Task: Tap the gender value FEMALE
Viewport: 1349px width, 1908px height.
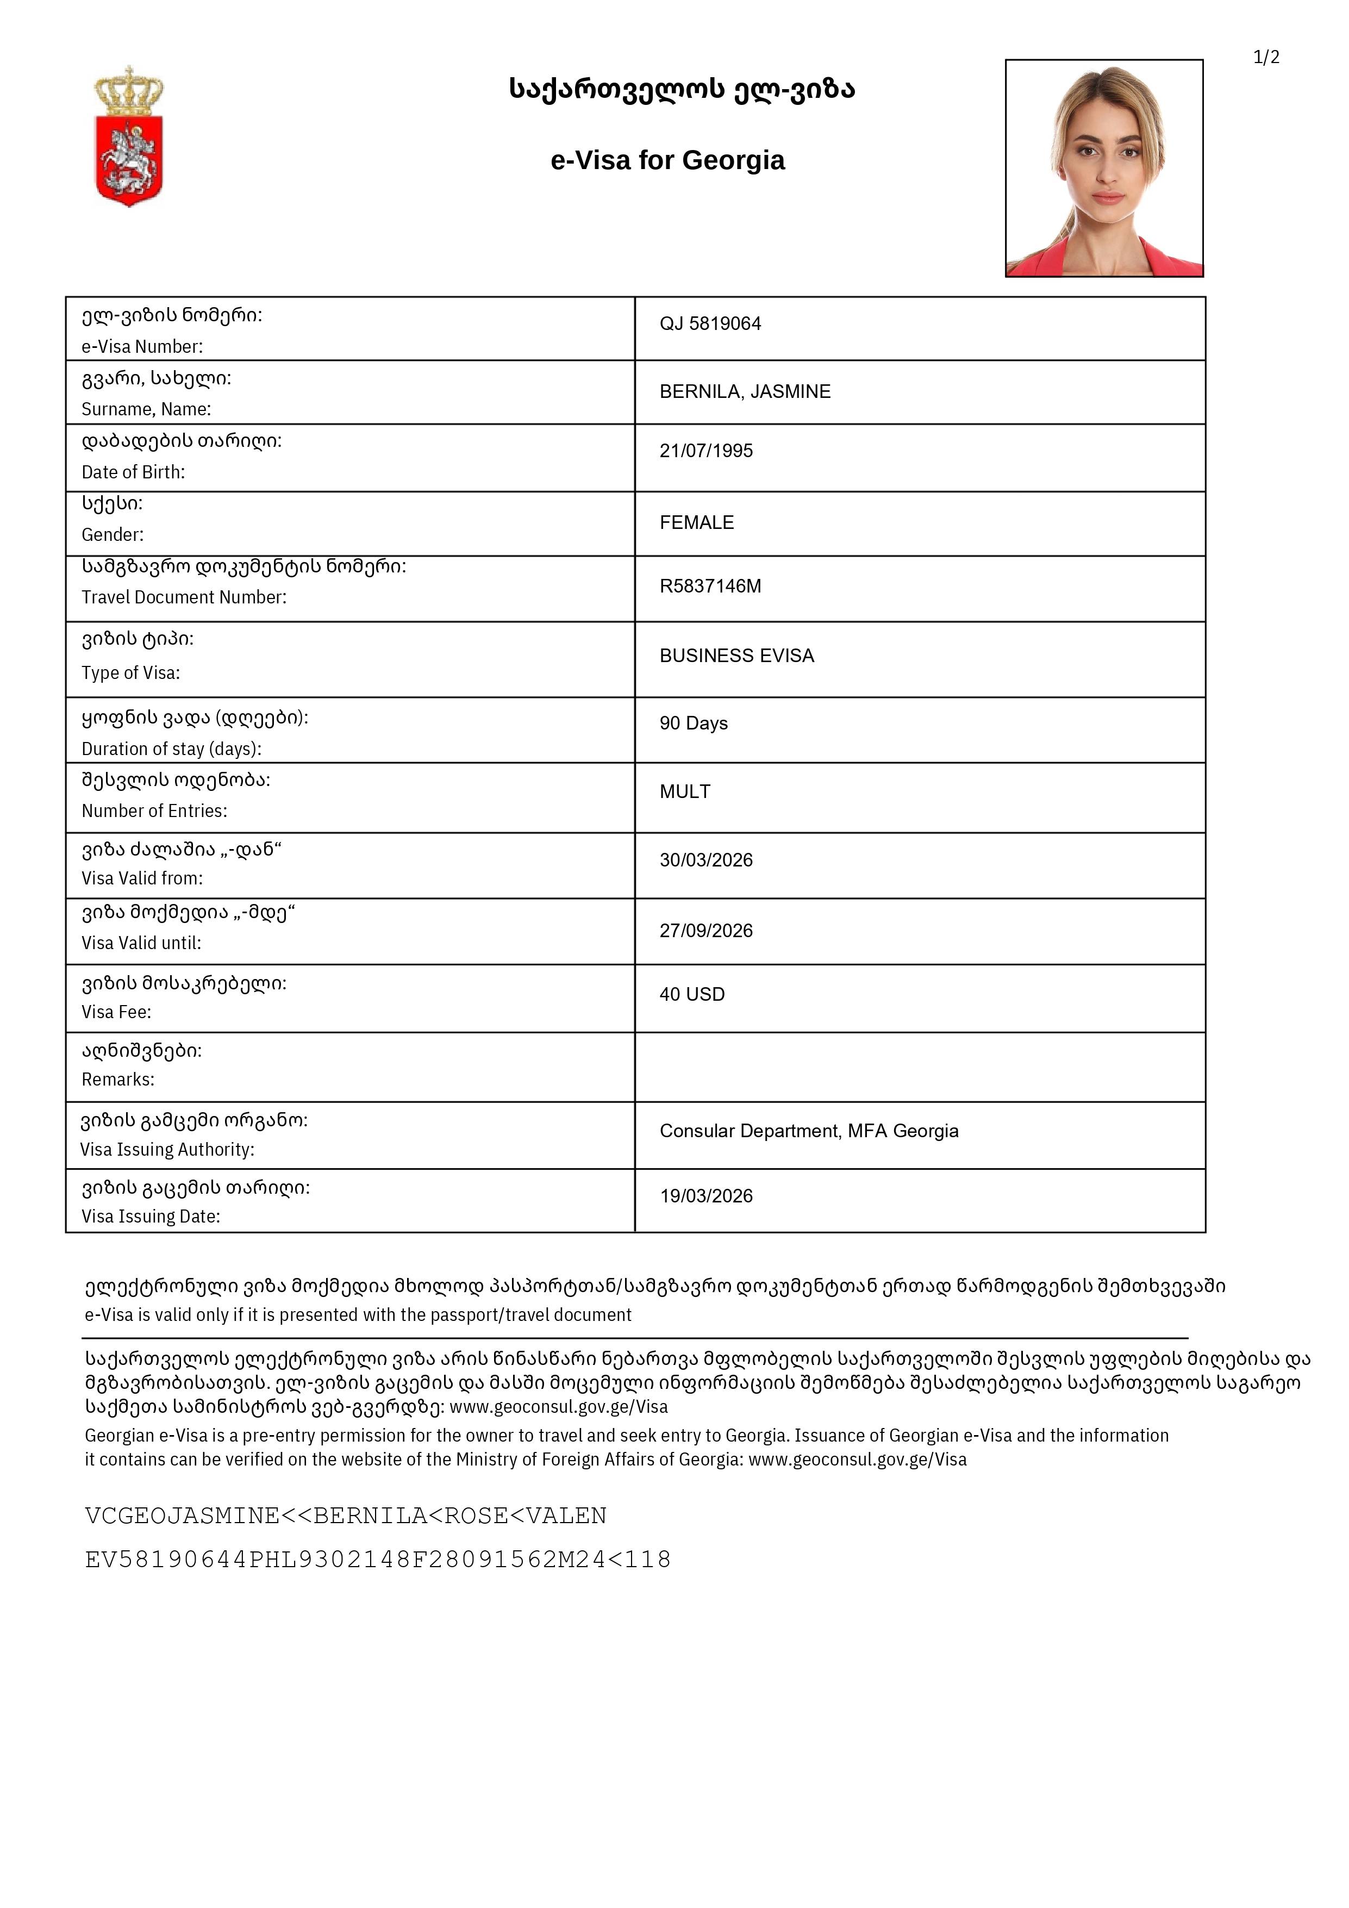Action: pyautogui.click(x=696, y=523)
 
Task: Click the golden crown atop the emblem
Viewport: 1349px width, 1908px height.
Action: pyautogui.click(x=129, y=90)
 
